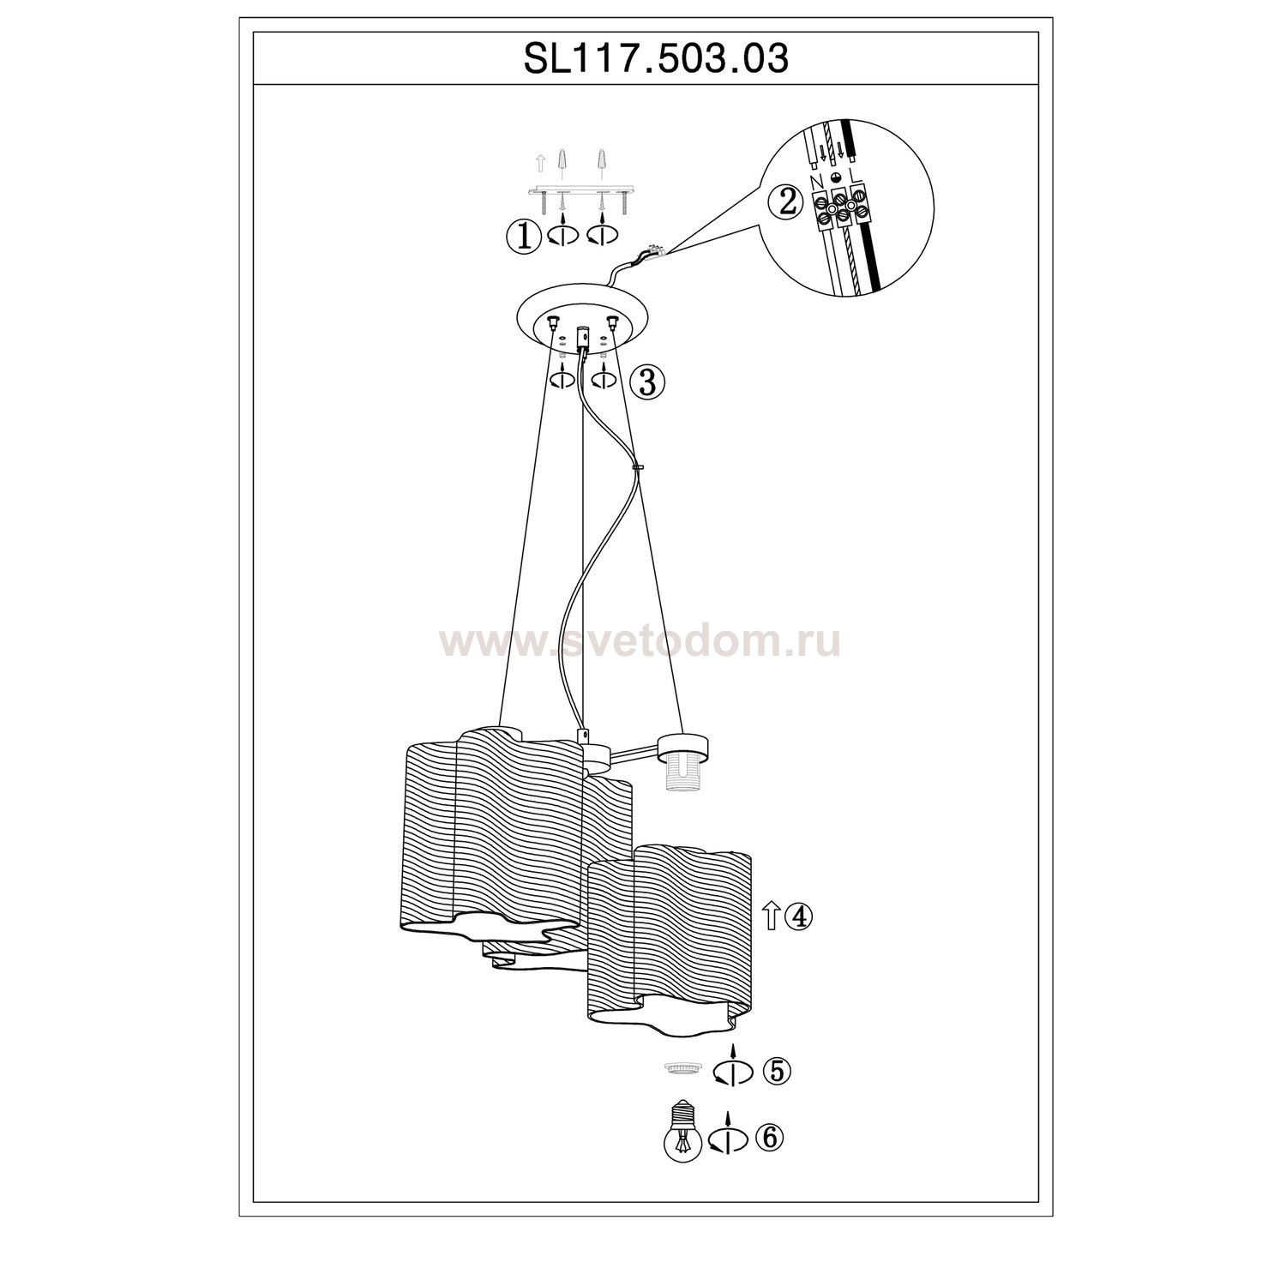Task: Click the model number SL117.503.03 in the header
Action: [x=656, y=59]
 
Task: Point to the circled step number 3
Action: [x=647, y=382]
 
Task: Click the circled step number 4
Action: [x=797, y=916]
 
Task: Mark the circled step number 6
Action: [x=769, y=1138]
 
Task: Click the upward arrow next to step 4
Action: [x=770, y=917]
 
